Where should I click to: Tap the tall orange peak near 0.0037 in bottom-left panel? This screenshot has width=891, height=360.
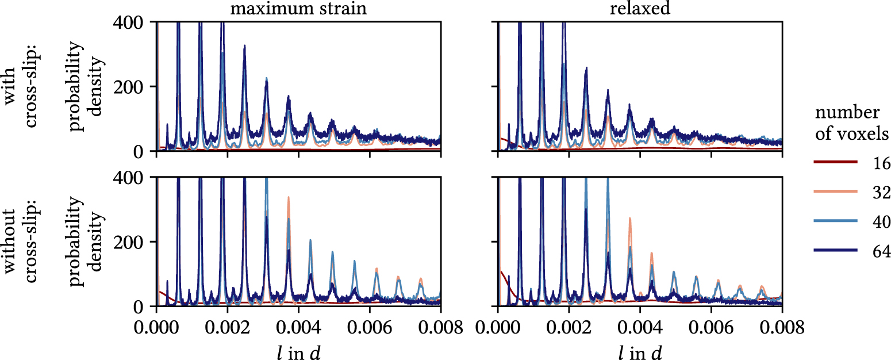pyautogui.click(x=288, y=198)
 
